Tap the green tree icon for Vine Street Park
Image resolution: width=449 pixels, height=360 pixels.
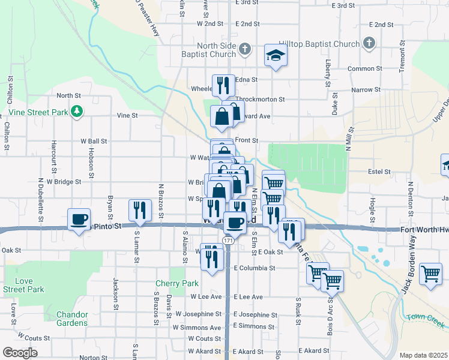coord(76,111)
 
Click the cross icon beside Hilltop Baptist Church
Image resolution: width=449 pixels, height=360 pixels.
coord(369,43)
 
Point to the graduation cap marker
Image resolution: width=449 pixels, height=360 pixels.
coord(276,56)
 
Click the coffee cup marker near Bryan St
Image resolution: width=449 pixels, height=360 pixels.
coord(79,220)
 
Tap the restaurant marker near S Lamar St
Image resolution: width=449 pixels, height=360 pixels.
coord(139,211)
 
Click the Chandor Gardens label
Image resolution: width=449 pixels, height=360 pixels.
coord(72,319)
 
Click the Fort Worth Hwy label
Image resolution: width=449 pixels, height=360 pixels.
coord(424,230)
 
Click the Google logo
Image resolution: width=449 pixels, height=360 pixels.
coord(20,353)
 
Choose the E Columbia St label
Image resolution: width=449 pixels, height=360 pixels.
coord(255,268)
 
